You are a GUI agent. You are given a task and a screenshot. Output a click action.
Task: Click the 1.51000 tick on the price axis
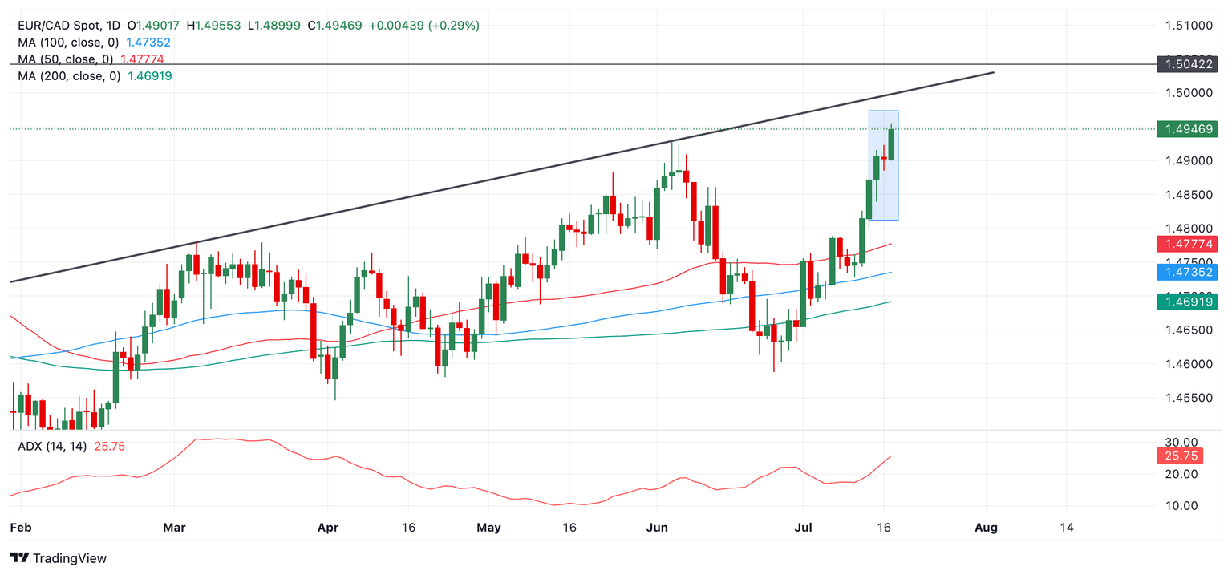click(1189, 26)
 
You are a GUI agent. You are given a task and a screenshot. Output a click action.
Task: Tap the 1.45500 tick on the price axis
click(1189, 398)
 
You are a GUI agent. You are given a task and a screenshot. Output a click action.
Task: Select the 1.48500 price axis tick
click(1189, 195)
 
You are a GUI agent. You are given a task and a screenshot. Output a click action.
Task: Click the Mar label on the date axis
click(174, 527)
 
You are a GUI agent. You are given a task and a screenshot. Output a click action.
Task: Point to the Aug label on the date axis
click(986, 527)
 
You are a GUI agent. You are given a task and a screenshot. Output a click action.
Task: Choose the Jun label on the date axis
click(656, 527)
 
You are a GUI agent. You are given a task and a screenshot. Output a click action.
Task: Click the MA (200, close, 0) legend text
click(69, 76)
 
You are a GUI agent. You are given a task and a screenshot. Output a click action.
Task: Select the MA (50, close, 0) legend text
click(66, 59)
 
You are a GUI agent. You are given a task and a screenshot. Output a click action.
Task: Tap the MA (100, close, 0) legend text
click(69, 43)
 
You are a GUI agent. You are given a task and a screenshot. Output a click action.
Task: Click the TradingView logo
click(59, 558)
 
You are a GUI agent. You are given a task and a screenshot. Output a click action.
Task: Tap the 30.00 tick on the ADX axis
click(1182, 443)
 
